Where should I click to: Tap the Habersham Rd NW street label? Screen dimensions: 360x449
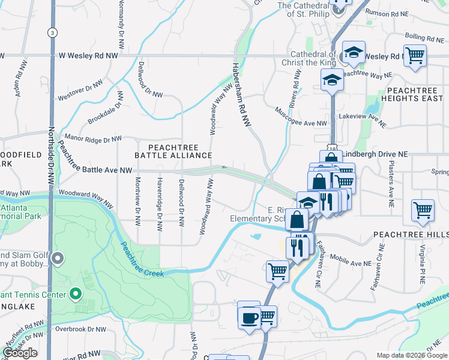(241, 94)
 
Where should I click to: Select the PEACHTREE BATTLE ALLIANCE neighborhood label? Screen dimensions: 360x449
(173, 151)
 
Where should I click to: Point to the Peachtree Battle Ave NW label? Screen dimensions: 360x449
(91, 170)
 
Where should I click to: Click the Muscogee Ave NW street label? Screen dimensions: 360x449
(301, 117)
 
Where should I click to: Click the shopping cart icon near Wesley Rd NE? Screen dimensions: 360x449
(415, 56)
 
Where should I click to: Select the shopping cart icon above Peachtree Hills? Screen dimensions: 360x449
(423, 211)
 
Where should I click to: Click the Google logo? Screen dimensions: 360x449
(20, 353)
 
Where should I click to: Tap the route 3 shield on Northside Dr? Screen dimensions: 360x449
(53, 32)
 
